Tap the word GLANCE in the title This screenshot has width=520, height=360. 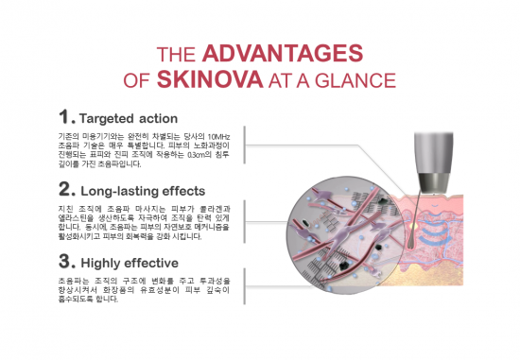point(360,78)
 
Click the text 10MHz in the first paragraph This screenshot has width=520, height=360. point(233,137)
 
